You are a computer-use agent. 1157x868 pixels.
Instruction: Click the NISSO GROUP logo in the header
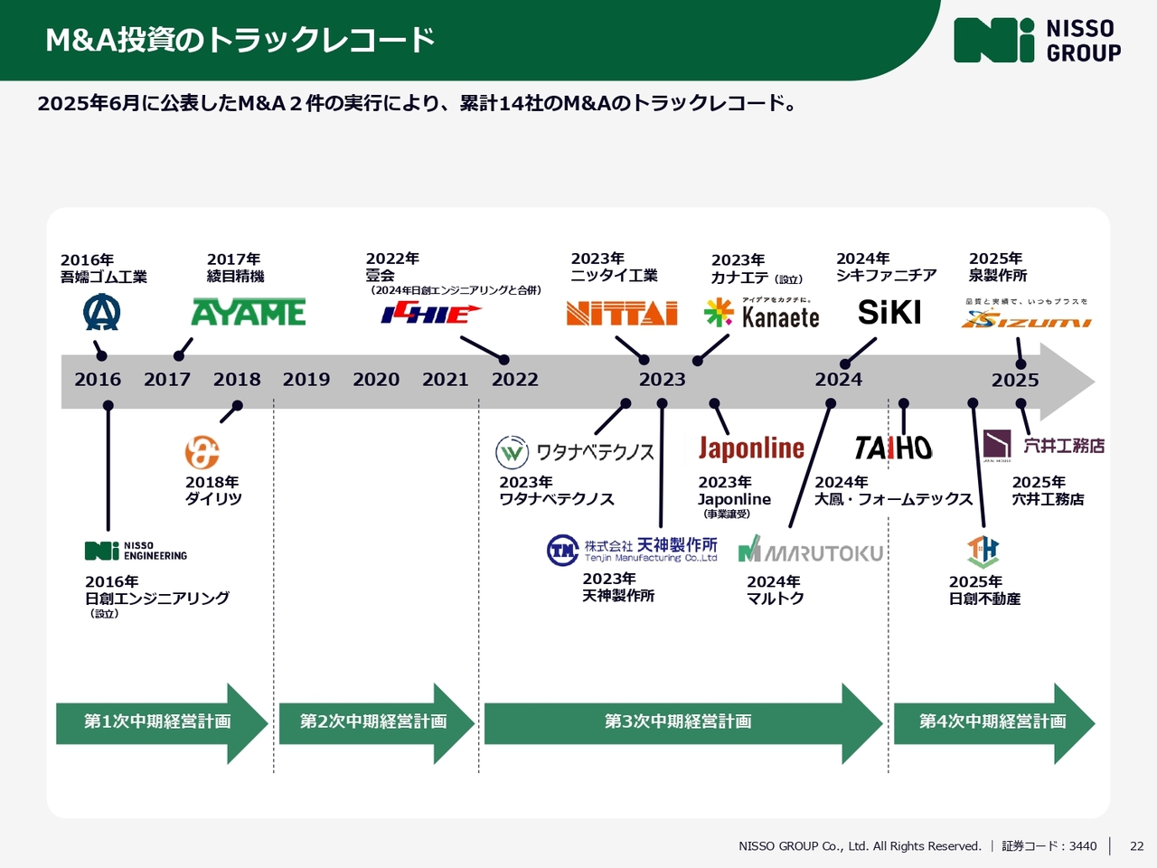pos(1037,41)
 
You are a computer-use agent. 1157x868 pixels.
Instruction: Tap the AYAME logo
pos(249,313)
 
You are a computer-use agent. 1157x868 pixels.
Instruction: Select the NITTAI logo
pos(622,313)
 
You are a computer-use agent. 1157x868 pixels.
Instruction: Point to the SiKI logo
pos(889,313)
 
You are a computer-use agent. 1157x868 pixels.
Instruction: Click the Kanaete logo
pos(762,314)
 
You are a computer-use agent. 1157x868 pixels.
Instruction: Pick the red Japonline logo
pos(751,448)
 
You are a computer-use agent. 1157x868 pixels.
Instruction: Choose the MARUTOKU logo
pos(811,551)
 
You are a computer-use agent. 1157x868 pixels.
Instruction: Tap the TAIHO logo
pos(893,448)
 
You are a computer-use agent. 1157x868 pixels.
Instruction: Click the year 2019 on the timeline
pos(306,380)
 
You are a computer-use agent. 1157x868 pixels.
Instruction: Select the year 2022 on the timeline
pos(515,380)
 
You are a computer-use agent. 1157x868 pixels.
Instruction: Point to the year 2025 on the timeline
pos(1015,381)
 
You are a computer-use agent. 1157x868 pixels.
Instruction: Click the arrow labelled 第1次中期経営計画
pos(158,722)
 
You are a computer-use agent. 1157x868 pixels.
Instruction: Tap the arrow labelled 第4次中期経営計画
pos(992,722)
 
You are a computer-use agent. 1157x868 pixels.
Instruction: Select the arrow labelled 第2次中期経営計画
pos(374,722)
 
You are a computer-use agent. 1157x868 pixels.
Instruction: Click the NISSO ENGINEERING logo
pos(136,551)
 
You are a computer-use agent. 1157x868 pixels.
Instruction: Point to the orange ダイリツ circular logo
pos(202,452)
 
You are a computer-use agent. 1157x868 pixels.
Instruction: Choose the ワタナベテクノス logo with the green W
pos(575,452)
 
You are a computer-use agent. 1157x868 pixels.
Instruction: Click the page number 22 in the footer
pos(1136,846)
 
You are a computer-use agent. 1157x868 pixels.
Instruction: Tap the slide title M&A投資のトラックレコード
pos(240,41)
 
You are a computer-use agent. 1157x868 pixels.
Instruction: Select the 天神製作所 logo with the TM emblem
pos(632,550)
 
